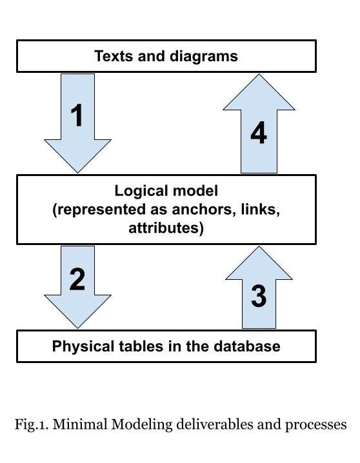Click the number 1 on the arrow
(77, 117)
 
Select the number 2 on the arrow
(77, 279)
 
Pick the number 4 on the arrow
(258, 133)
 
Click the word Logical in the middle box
(139, 191)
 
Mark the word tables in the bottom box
(134, 346)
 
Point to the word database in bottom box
(250, 346)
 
